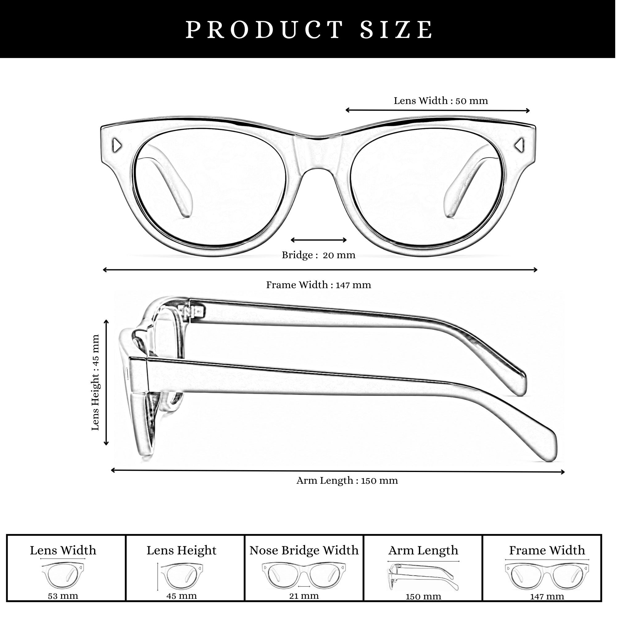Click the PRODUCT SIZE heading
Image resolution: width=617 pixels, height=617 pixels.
pyautogui.click(x=309, y=30)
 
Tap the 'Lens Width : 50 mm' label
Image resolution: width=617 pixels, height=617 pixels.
pyautogui.click(x=441, y=101)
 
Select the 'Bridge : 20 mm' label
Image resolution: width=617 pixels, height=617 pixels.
pyautogui.click(x=318, y=255)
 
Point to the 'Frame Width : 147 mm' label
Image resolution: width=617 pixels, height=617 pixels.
pyautogui.click(x=318, y=285)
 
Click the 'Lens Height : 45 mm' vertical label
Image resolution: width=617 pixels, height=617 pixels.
pyautogui.click(x=96, y=382)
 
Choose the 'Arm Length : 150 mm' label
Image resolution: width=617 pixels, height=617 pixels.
pyautogui.click(x=347, y=481)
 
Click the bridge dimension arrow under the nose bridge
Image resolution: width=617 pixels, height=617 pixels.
pyautogui.click(x=319, y=240)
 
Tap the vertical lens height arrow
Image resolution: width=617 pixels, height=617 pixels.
pyautogui.click(x=106, y=382)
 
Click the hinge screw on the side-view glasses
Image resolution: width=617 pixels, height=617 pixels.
pyautogui.click(x=200, y=310)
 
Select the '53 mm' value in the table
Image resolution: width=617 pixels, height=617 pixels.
pyautogui.click(x=63, y=596)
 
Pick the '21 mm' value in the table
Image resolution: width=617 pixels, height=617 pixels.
pyautogui.click(x=304, y=596)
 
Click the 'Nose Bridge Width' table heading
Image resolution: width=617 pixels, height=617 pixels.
pyautogui.click(x=304, y=550)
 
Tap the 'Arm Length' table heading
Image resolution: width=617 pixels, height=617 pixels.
pyautogui.click(x=423, y=551)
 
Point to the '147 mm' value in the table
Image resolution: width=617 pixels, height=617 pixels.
pyautogui.click(x=547, y=597)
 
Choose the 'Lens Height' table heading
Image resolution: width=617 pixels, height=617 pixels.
pyautogui.click(x=181, y=551)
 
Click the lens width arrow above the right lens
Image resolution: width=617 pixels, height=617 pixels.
pyautogui.click(x=437, y=110)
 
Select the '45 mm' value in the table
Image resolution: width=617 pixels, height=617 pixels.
pyautogui.click(x=181, y=596)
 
